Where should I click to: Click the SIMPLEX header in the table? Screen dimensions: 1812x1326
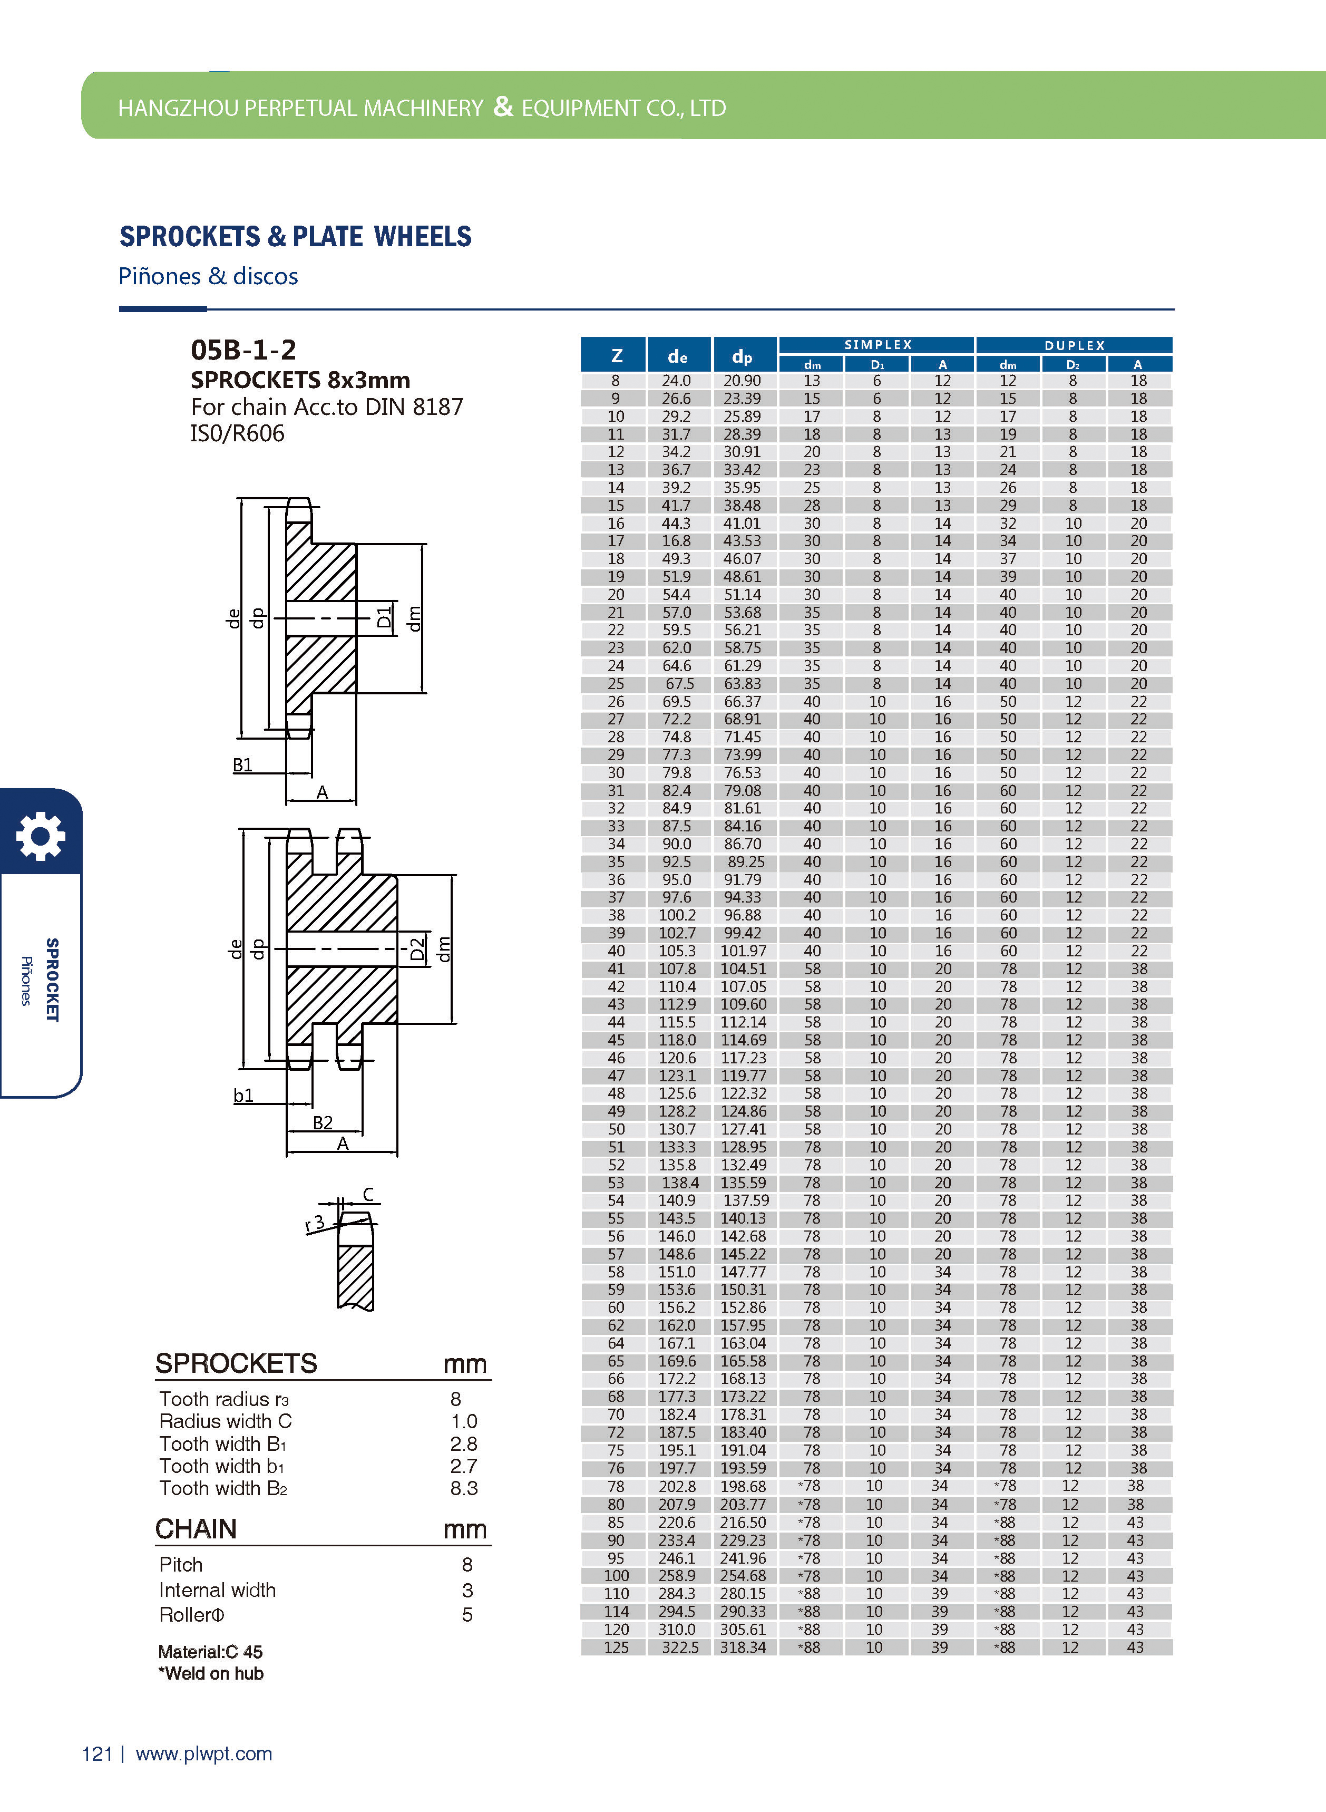coord(877,344)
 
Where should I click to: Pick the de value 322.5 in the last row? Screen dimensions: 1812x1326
coord(680,1646)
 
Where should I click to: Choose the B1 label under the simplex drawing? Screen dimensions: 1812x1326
coord(242,764)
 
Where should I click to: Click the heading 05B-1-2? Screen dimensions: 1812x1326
coord(243,350)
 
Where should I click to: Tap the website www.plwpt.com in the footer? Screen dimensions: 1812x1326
coord(204,1754)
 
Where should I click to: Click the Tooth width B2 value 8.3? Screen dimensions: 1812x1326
coord(464,1488)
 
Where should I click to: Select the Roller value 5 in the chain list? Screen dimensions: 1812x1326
coord(467,1614)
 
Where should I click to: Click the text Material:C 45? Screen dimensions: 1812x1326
coord(210,1651)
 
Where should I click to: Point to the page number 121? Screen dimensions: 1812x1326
coord(97,1754)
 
